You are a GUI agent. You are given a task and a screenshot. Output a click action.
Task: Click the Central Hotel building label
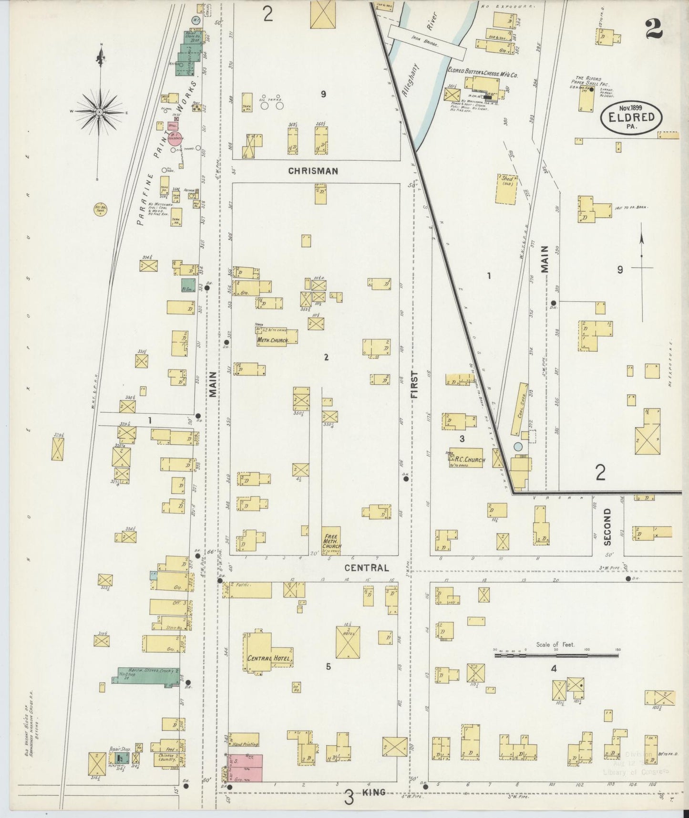[269, 659]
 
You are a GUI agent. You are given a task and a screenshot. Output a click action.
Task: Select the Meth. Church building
[277, 337]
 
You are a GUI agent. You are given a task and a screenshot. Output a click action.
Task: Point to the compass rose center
[100, 112]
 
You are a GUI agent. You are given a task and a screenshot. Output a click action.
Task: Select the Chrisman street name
[313, 171]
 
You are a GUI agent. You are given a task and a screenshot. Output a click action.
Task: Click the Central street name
[367, 568]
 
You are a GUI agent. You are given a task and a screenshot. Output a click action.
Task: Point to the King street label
[373, 793]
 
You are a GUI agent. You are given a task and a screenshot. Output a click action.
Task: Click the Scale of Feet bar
[556, 657]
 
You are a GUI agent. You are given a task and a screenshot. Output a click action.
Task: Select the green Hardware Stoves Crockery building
[146, 675]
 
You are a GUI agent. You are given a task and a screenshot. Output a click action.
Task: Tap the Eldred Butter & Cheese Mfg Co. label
[483, 74]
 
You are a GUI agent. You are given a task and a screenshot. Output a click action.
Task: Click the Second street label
[607, 526]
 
